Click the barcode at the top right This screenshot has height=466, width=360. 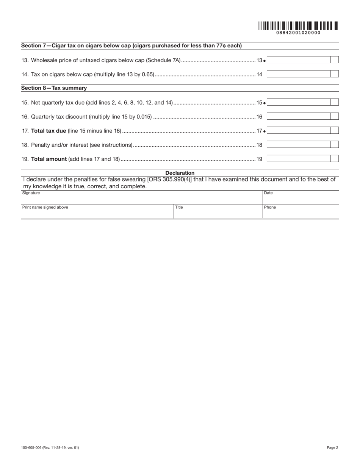tap(298, 26)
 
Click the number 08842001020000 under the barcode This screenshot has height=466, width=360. tap(298, 33)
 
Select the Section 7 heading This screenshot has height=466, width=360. tap(131, 46)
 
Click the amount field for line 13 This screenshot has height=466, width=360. tap(299, 60)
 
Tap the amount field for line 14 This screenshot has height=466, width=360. tap(299, 74)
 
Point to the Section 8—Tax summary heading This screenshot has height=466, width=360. tap(54, 88)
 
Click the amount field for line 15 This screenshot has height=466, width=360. tap(299, 102)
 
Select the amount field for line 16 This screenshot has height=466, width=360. tap(299, 117)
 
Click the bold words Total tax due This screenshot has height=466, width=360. tap(49, 131)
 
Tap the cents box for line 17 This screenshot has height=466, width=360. tap(334, 131)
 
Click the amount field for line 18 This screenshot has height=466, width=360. tap(299, 145)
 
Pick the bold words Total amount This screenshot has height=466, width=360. tap(49, 159)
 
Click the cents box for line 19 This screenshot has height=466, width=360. tap(334, 159)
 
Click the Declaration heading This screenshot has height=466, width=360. tap(180, 173)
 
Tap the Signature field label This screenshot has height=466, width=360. tap(31, 193)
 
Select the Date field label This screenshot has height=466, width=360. tap(268, 193)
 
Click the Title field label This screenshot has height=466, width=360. tap(179, 208)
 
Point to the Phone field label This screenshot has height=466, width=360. tap(270, 208)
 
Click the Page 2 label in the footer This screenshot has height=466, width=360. tap(332, 448)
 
